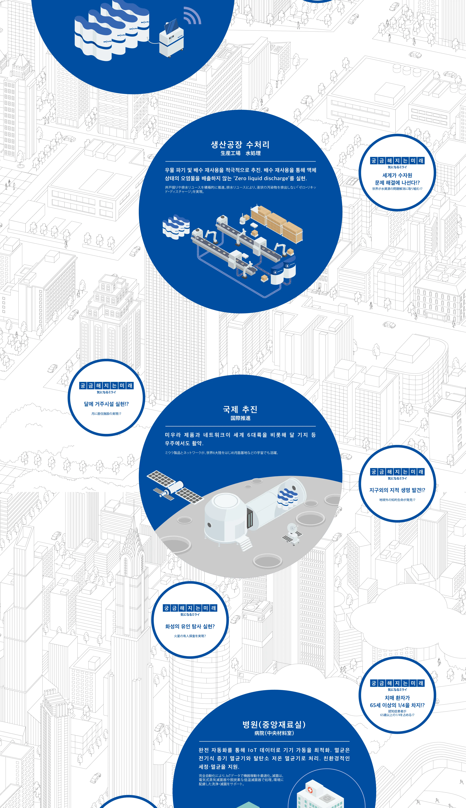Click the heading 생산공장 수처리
240,145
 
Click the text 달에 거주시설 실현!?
106,404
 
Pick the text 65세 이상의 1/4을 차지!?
397,705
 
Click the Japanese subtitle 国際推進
240,418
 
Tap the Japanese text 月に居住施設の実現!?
106,414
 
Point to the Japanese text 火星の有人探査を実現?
190,636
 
